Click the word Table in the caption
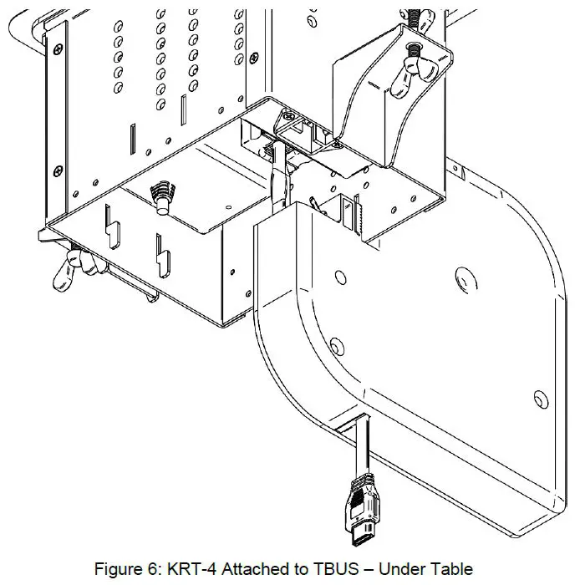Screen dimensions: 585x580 (x=452, y=570)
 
